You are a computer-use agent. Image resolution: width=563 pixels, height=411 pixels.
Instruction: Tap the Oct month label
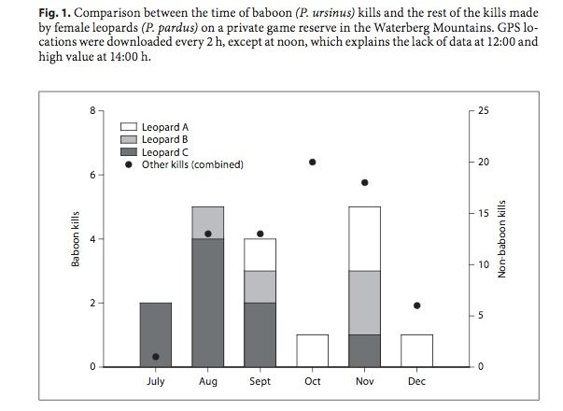click(312, 383)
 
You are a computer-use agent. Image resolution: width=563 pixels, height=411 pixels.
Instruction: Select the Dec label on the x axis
click(416, 383)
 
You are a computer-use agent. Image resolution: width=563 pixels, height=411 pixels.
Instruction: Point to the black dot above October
click(312, 162)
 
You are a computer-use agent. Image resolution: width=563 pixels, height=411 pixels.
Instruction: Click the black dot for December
click(416, 305)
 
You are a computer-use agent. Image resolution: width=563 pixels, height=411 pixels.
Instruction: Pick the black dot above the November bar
click(364, 182)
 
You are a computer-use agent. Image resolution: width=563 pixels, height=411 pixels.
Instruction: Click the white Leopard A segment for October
click(312, 350)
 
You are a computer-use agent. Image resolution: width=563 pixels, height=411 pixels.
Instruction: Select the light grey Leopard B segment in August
click(207, 222)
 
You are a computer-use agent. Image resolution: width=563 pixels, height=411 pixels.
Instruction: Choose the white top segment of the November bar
click(364, 238)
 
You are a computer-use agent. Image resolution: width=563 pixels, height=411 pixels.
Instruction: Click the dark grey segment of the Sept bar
click(260, 334)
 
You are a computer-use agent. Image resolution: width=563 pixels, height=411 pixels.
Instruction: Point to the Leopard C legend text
click(165, 151)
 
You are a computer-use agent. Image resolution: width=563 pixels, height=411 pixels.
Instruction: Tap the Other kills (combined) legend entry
click(192, 164)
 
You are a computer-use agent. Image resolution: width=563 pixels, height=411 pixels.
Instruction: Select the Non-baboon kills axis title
click(501, 239)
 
